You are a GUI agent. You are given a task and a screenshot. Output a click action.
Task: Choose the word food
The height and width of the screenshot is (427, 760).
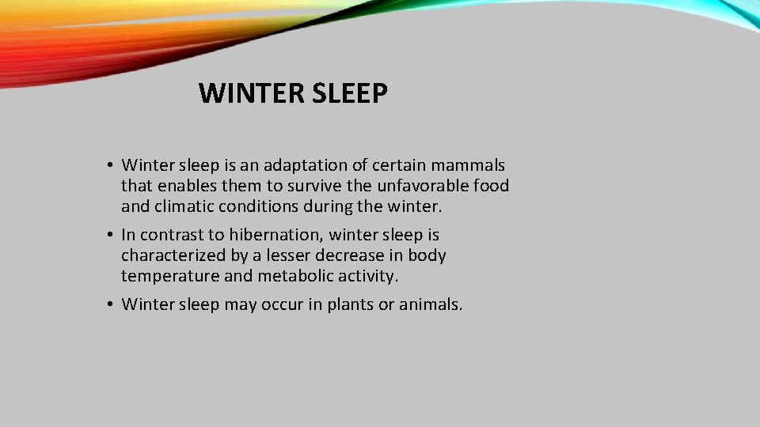click(491, 186)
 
